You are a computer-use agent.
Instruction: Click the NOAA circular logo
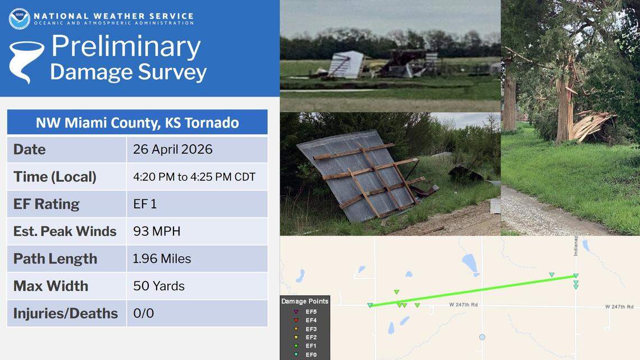19,19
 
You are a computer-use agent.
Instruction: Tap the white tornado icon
25,61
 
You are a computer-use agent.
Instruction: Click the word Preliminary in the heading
126,47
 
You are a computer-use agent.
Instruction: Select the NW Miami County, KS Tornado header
137,122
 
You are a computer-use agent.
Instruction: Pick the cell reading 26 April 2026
173,149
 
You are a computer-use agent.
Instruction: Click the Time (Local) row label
55,177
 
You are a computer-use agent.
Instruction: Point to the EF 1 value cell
145,204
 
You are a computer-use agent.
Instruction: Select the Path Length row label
55,259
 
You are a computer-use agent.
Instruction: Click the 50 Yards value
159,286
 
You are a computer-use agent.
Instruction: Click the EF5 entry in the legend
310,311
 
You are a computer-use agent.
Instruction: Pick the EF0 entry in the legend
310,355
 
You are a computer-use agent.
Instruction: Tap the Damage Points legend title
305,302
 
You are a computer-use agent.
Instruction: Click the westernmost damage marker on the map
370,306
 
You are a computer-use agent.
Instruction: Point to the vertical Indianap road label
575,245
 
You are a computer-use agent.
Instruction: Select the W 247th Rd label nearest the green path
463,306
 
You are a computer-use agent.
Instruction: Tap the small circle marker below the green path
482,337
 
